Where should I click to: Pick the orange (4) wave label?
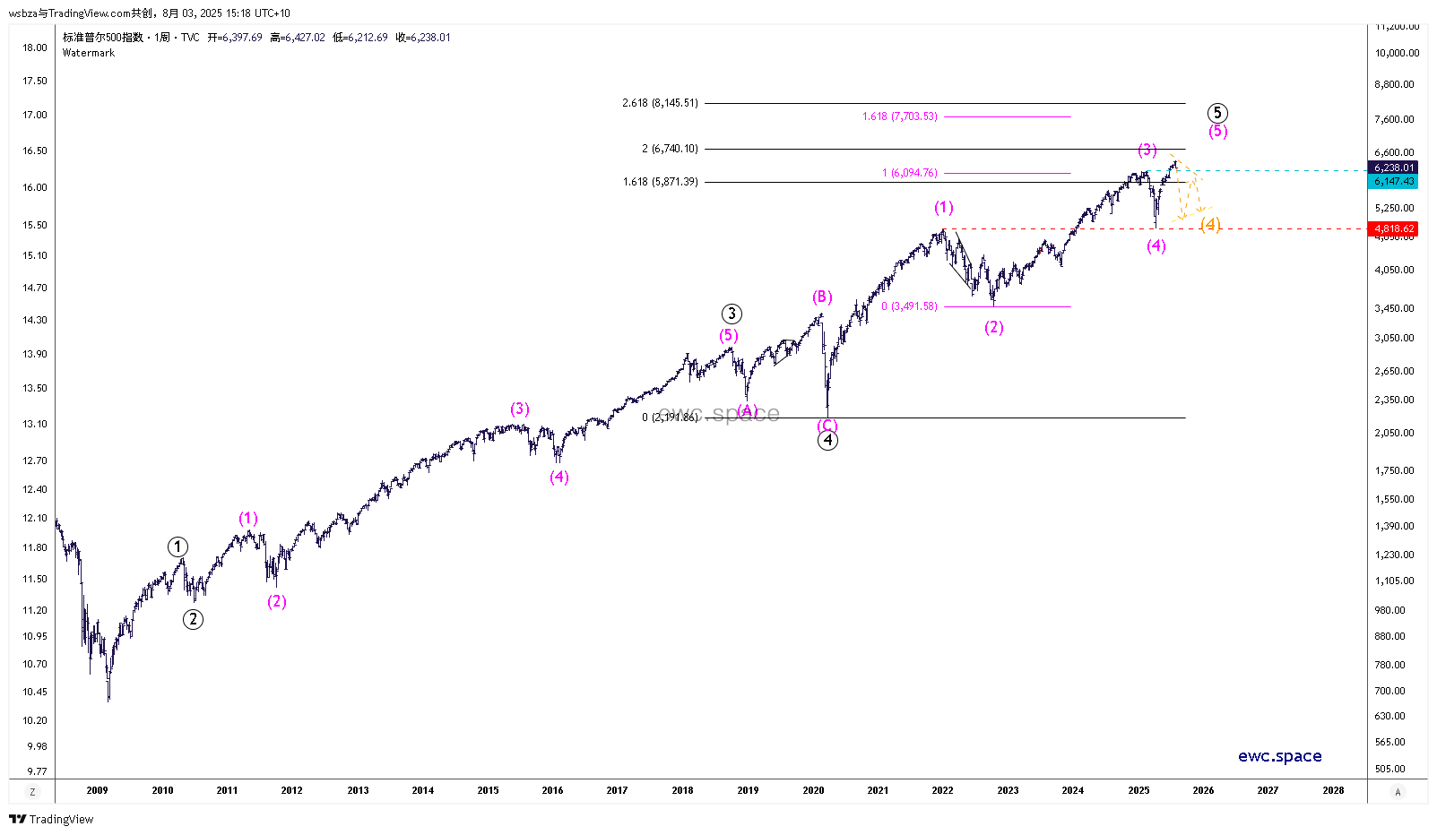coord(1210,224)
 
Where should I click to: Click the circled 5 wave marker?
coord(1216,113)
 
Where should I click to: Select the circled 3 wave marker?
coord(731,314)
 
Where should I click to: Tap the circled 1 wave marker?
coord(177,547)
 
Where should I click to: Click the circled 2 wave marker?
coord(193,619)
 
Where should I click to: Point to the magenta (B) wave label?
coord(822,297)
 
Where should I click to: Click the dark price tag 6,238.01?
coord(1394,168)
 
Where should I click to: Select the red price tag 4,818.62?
coord(1394,228)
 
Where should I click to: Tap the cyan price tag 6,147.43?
coord(1394,181)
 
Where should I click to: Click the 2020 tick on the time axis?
coord(813,790)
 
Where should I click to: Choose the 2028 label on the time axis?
coord(1333,790)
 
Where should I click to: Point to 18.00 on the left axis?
coord(35,47)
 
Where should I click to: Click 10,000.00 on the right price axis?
coord(1397,53)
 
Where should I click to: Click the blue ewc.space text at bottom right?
coord(1279,756)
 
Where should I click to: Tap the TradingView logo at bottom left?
coord(51,819)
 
